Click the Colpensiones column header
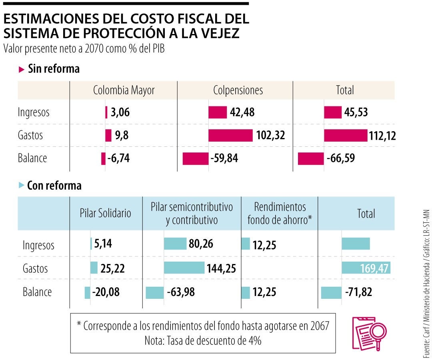[238, 90]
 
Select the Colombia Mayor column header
[124, 90]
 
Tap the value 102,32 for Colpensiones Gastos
[270, 136]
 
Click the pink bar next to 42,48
[217, 113]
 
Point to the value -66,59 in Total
[340, 158]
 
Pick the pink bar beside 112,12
[345, 136]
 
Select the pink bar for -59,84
[195, 158]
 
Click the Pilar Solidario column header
[105, 213]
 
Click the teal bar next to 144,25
[184, 268]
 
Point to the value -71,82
[358, 292]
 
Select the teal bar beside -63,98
[154, 292]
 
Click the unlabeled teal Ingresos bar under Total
[356, 244]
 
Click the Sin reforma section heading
[53, 69]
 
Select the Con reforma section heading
[54, 186]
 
